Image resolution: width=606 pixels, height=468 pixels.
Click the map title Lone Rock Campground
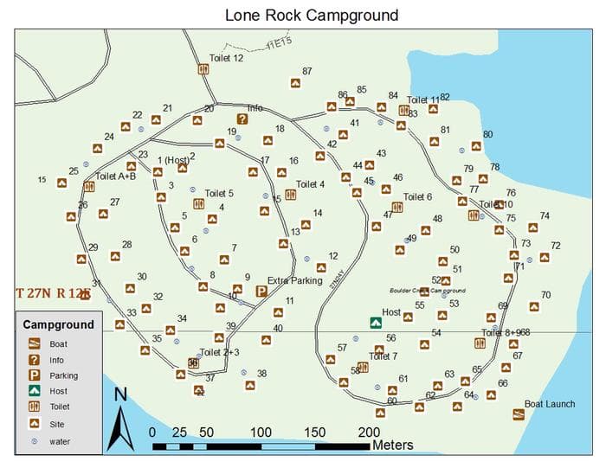click(311, 15)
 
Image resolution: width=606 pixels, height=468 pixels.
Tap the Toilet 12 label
click(226, 58)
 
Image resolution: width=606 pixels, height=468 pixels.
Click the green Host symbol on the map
click(375, 323)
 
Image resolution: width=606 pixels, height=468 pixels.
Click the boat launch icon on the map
click(518, 414)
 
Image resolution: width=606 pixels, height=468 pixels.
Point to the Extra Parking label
click(294, 280)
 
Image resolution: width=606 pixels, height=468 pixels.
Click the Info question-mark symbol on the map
click(242, 119)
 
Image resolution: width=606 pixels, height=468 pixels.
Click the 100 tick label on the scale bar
click(261, 433)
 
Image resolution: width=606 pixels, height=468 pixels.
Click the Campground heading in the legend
click(58, 325)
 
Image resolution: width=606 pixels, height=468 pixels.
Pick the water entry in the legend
click(60, 441)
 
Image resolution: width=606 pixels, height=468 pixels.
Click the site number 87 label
click(306, 72)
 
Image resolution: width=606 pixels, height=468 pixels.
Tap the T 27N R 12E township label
click(53, 293)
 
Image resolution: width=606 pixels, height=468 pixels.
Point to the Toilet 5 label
click(219, 194)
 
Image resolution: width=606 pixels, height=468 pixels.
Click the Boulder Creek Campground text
click(429, 291)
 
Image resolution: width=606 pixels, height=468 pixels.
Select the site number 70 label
click(545, 295)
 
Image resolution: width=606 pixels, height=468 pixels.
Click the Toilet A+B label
click(116, 176)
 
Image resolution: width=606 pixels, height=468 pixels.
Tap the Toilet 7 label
click(383, 356)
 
